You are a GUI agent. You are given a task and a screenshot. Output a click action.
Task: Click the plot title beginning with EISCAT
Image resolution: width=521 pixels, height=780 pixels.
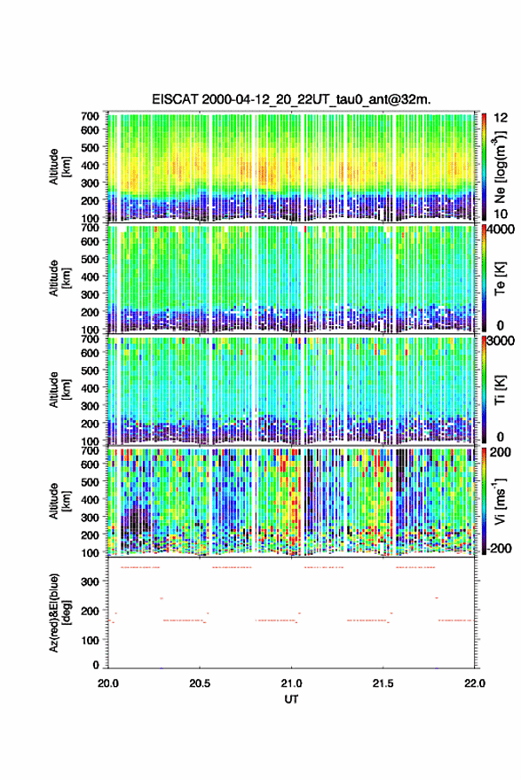pyautogui.click(x=291, y=99)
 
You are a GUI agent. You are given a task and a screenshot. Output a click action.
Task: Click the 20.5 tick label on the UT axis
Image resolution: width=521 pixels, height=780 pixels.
pyautogui.click(x=200, y=683)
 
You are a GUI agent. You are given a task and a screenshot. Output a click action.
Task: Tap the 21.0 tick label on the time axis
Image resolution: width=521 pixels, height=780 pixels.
pyautogui.click(x=291, y=683)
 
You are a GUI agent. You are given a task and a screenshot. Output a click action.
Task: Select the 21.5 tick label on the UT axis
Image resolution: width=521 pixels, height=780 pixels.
pyautogui.click(x=383, y=683)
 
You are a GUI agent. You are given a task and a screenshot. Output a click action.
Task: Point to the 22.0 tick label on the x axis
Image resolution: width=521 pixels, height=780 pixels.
pyautogui.click(x=474, y=683)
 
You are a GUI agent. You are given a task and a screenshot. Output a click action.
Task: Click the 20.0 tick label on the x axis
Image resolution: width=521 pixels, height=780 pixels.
pyautogui.click(x=108, y=683)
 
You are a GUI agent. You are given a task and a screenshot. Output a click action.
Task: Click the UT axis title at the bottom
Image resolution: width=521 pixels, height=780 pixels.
pyautogui.click(x=291, y=699)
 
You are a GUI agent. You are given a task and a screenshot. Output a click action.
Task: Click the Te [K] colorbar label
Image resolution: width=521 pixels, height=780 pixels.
pyautogui.click(x=500, y=279)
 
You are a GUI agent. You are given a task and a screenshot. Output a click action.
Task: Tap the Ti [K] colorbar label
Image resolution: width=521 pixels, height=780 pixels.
pyautogui.click(x=500, y=391)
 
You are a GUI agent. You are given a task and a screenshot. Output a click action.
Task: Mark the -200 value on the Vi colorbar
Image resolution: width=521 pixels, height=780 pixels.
pyautogui.click(x=497, y=549)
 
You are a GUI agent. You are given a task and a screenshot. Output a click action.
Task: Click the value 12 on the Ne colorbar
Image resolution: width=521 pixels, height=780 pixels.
pyautogui.click(x=501, y=118)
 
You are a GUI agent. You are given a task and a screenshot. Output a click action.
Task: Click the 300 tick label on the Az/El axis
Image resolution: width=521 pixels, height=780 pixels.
pyautogui.click(x=91, y=581)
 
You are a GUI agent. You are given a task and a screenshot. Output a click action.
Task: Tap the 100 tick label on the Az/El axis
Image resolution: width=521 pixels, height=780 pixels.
pyautogui.click(x=91, y=640)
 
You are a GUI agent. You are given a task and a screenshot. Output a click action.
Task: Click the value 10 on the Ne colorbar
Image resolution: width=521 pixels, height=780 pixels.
pyautogui.click(x=501, y=214)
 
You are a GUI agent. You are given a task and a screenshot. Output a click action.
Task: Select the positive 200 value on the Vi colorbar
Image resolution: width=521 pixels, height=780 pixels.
pyautogui.click(x=500, y=452)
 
